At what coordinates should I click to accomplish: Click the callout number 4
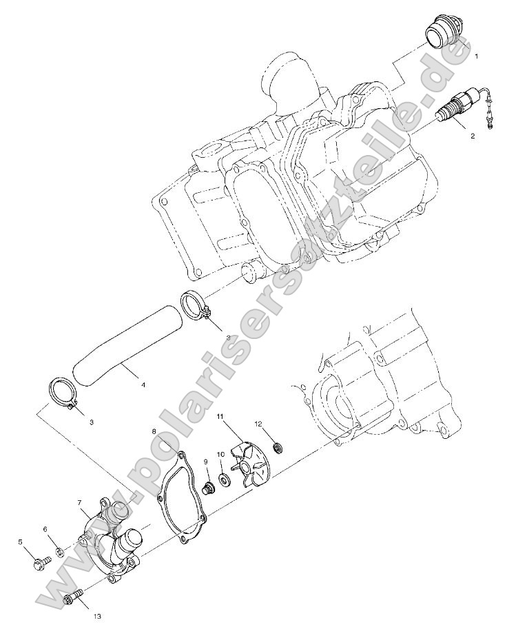(x=143, y=384)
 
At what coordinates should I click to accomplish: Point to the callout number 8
(x=153, y=432)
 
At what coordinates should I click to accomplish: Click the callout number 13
(x=96, y=616)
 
